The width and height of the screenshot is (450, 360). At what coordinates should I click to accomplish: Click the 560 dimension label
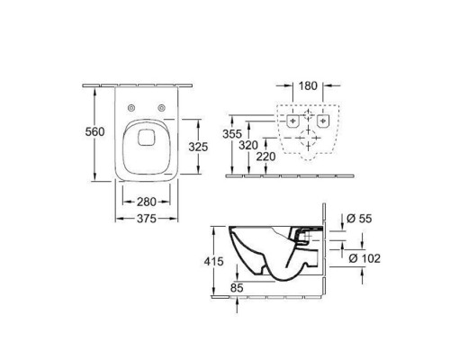point(94,131)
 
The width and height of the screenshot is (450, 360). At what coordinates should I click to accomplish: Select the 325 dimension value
point(198,147)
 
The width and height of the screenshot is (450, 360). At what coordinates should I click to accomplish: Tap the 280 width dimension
point(147,202)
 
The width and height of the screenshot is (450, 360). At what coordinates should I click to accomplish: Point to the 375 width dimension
point(147,219)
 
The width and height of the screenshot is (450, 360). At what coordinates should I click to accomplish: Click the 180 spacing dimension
point(308,86)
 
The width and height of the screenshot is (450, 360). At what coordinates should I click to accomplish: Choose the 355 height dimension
point(232,134)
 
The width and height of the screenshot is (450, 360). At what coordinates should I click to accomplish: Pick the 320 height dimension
point(248,145)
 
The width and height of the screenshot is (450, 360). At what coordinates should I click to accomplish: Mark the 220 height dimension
point(265,157)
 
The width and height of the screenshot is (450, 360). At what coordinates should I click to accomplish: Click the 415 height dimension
point(213,262)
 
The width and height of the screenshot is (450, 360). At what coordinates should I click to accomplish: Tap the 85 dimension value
point(237,288)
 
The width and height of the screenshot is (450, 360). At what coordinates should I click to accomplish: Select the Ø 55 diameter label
point(359,219)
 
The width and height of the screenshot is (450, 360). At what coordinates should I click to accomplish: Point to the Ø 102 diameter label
point(364,258)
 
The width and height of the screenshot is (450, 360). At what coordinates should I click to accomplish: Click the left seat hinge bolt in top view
point(131,108)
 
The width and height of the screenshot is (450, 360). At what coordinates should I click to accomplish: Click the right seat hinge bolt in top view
point(162,108)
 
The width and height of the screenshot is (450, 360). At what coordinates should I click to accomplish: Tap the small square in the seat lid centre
point(146,138)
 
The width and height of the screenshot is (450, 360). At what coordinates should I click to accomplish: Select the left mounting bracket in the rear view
point(292,121)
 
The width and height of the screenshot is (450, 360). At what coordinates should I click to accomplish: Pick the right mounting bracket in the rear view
point(323,121)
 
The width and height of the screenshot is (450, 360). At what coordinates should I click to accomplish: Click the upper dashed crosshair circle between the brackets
point(308,114)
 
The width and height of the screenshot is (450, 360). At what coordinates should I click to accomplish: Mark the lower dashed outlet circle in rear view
point(309,138)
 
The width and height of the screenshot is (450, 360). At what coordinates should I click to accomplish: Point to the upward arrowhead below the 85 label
point(237,301)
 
